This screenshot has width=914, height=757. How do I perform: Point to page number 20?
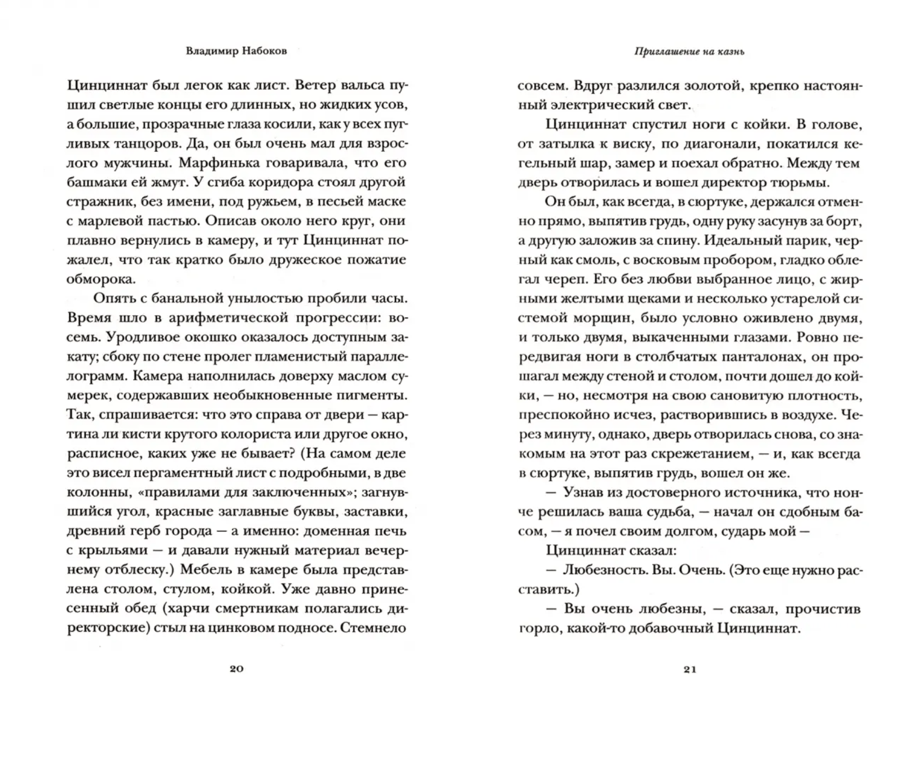(x=236, y=669)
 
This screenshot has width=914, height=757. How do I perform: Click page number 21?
(x=690, y=670)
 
